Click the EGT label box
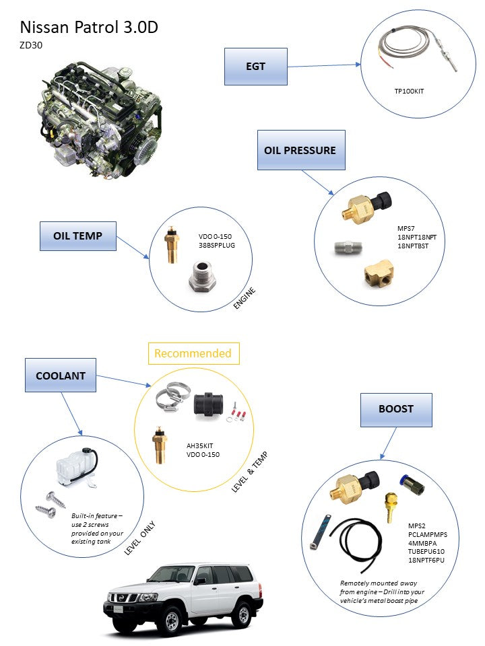click(x=255, y=67)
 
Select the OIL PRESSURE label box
click(x=300, y=150)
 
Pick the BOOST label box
click(x=395, y=408)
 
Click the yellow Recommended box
click(x=193, y=353)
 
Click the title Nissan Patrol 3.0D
click(x=89, y=27)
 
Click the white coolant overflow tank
click(x=74, y=465)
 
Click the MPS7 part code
click(x=407, y=228)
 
